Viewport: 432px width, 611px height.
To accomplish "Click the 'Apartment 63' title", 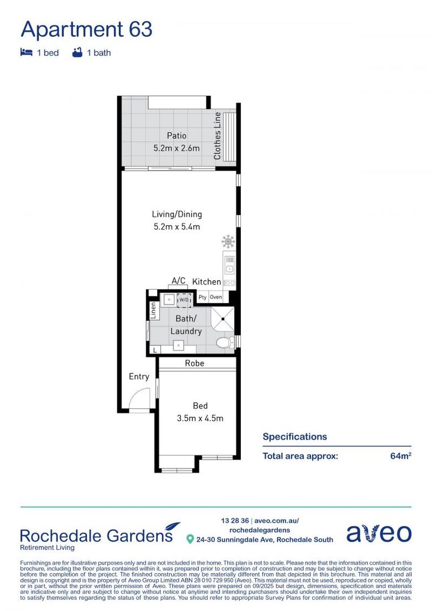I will pos(87,29).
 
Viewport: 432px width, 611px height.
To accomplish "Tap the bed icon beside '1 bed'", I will pos(26,53).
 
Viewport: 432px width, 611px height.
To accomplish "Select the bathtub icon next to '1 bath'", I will pos(77,53).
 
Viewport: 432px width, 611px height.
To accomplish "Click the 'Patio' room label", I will pos(176,136).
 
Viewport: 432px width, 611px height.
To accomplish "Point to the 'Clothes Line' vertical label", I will pos(217,136).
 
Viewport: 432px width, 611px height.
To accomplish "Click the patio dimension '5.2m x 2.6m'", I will pos(176,149).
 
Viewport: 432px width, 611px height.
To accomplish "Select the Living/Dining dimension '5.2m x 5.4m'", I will pos(176,227).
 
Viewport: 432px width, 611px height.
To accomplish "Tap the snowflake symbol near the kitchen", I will pos(228,242).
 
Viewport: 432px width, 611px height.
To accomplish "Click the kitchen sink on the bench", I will pos(230,264).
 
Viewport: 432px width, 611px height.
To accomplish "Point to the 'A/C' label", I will pos(178,281).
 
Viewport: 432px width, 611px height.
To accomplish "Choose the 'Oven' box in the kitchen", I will pos(216,297).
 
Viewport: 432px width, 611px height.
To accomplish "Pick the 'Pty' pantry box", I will pos(202,297).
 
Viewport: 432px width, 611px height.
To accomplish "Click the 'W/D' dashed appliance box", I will pos(184,299).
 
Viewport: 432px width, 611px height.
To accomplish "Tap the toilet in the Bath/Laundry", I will pos(226,342).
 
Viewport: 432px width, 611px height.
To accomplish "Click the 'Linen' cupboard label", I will pos(153,309).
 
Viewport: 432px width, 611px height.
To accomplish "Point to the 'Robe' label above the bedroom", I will pos(194,363).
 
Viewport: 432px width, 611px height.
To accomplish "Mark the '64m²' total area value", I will pos(400,455).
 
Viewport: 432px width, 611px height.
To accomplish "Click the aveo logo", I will pos(378,532).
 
